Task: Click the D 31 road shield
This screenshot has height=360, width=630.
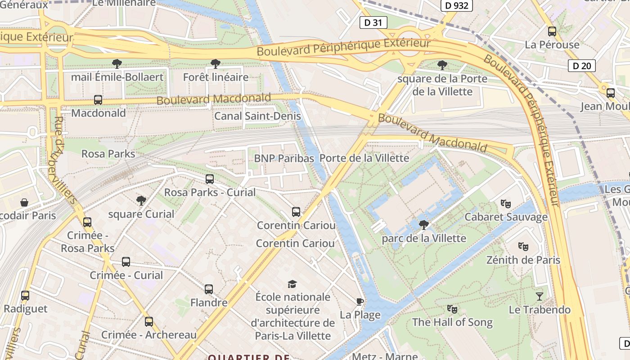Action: click(373, 22)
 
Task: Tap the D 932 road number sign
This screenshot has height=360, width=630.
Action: click(456, 5)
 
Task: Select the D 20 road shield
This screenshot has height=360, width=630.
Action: click(581, 66)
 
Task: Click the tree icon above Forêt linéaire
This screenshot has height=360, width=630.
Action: click(216, 64)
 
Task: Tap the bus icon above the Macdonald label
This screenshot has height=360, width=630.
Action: click(98, 100)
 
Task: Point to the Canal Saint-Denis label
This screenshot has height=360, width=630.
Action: click(257, 116)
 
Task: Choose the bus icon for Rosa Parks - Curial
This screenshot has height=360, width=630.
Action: click(210, 179)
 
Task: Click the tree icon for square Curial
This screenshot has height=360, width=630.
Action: click(141, 201)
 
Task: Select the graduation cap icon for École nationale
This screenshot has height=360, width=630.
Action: click(292, 284)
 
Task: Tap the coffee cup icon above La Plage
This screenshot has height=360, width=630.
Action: click(360, 301)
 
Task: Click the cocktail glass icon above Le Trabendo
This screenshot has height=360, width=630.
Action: click(540, 296)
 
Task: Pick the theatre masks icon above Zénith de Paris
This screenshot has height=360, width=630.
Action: click(523, 247)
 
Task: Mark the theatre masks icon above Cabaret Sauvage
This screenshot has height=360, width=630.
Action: click(506, 204)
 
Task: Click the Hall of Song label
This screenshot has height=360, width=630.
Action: click(452, 322)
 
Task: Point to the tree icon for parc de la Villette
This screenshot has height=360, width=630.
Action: click(423, 225)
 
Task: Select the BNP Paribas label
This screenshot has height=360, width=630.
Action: click(283, 158)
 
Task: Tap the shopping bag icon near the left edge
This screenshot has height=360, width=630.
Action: click(24, 203)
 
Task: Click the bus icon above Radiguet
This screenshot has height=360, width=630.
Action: click(25, 296)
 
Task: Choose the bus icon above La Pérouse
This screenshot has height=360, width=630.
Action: click(552, 31)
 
